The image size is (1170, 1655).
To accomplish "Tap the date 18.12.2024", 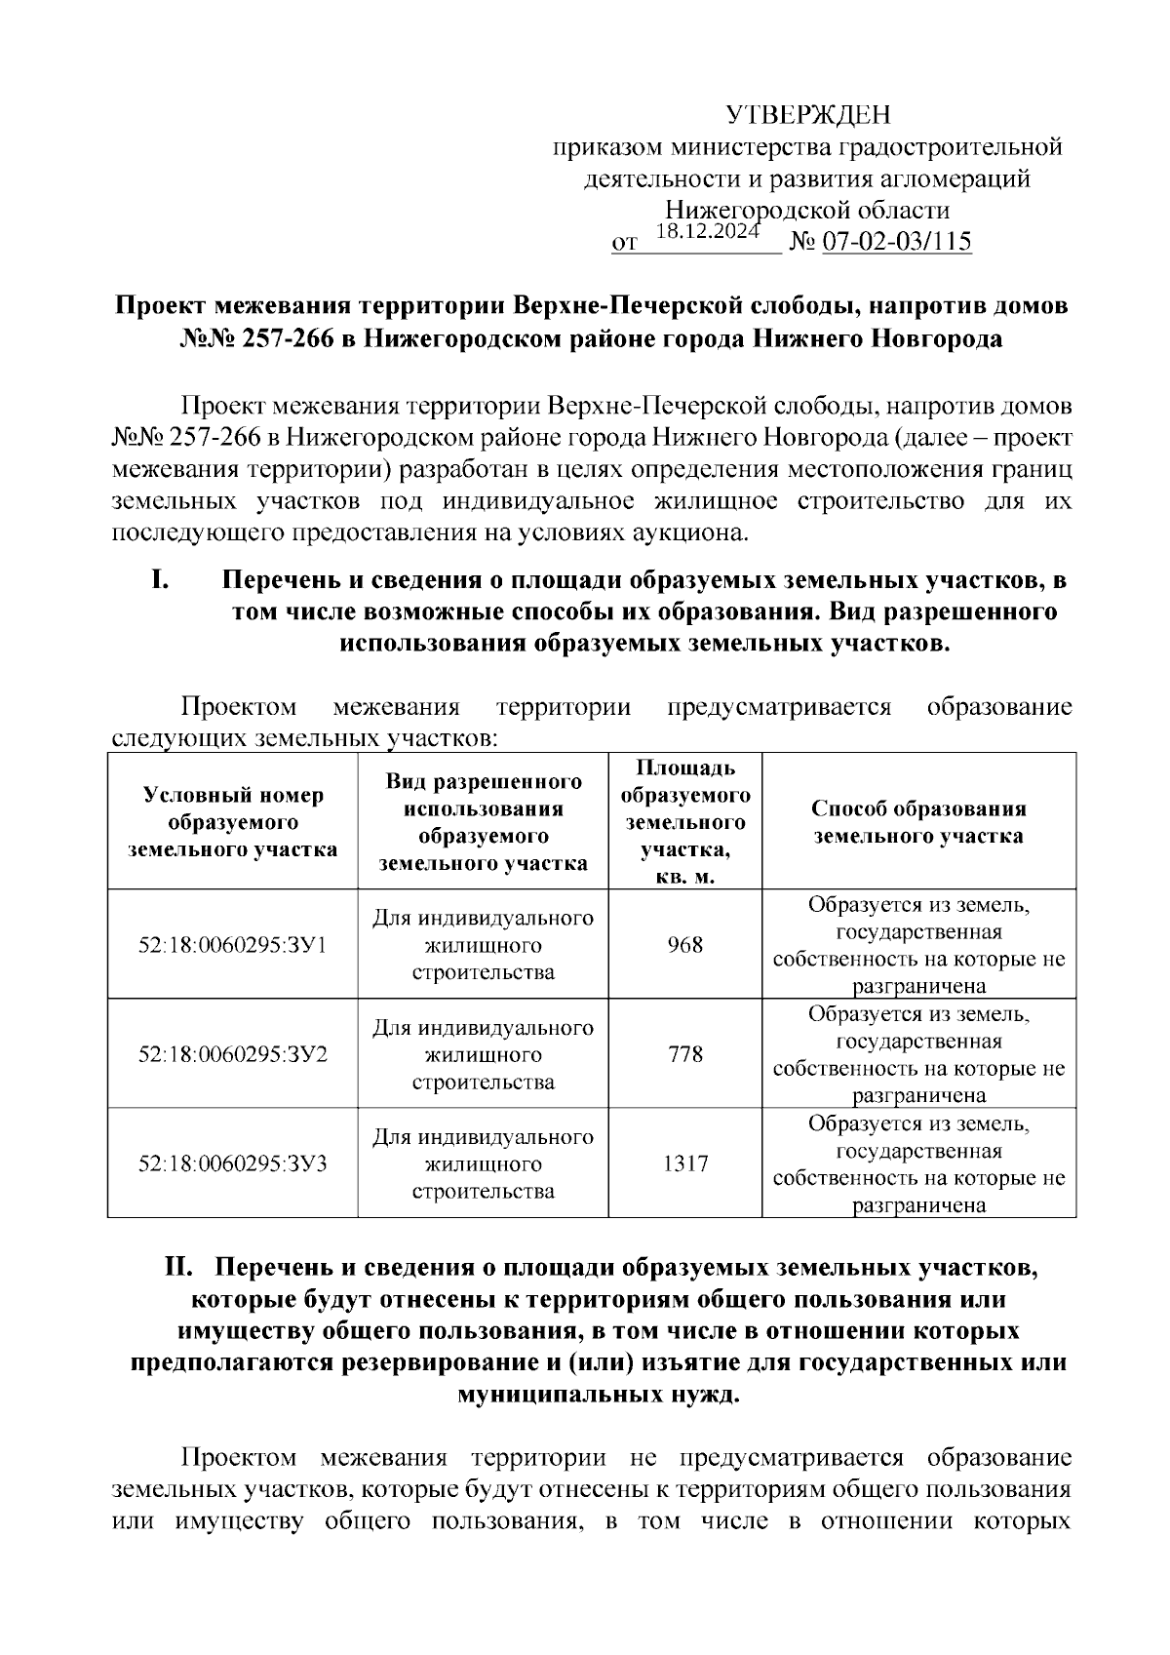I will tap(708, 231).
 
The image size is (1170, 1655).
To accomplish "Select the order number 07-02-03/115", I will tap(898, 242).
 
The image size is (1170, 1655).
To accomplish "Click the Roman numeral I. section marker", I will tap(161, 580).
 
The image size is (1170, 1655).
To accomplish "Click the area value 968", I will tap(685, 945).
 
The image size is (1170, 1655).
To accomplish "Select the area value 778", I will tap(685, 1054).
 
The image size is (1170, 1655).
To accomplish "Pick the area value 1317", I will tap(685, 1163).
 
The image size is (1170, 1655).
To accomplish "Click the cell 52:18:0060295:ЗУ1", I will tap(233, 945).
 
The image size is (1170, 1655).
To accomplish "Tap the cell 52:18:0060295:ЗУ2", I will tap(233, 1054).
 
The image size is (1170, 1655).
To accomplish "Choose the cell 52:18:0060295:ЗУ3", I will tap(233, 1163).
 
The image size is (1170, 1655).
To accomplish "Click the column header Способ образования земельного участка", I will tap(918, 822).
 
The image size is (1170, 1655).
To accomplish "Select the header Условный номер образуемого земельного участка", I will tap(233, 822).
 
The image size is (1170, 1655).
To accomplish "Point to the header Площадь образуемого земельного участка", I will tap(685, 822).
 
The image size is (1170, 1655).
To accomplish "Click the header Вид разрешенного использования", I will tap(483, 822).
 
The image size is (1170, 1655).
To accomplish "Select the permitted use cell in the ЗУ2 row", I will tap(483, 1054).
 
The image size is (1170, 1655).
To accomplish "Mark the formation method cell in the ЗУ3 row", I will tap(918, 1163).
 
